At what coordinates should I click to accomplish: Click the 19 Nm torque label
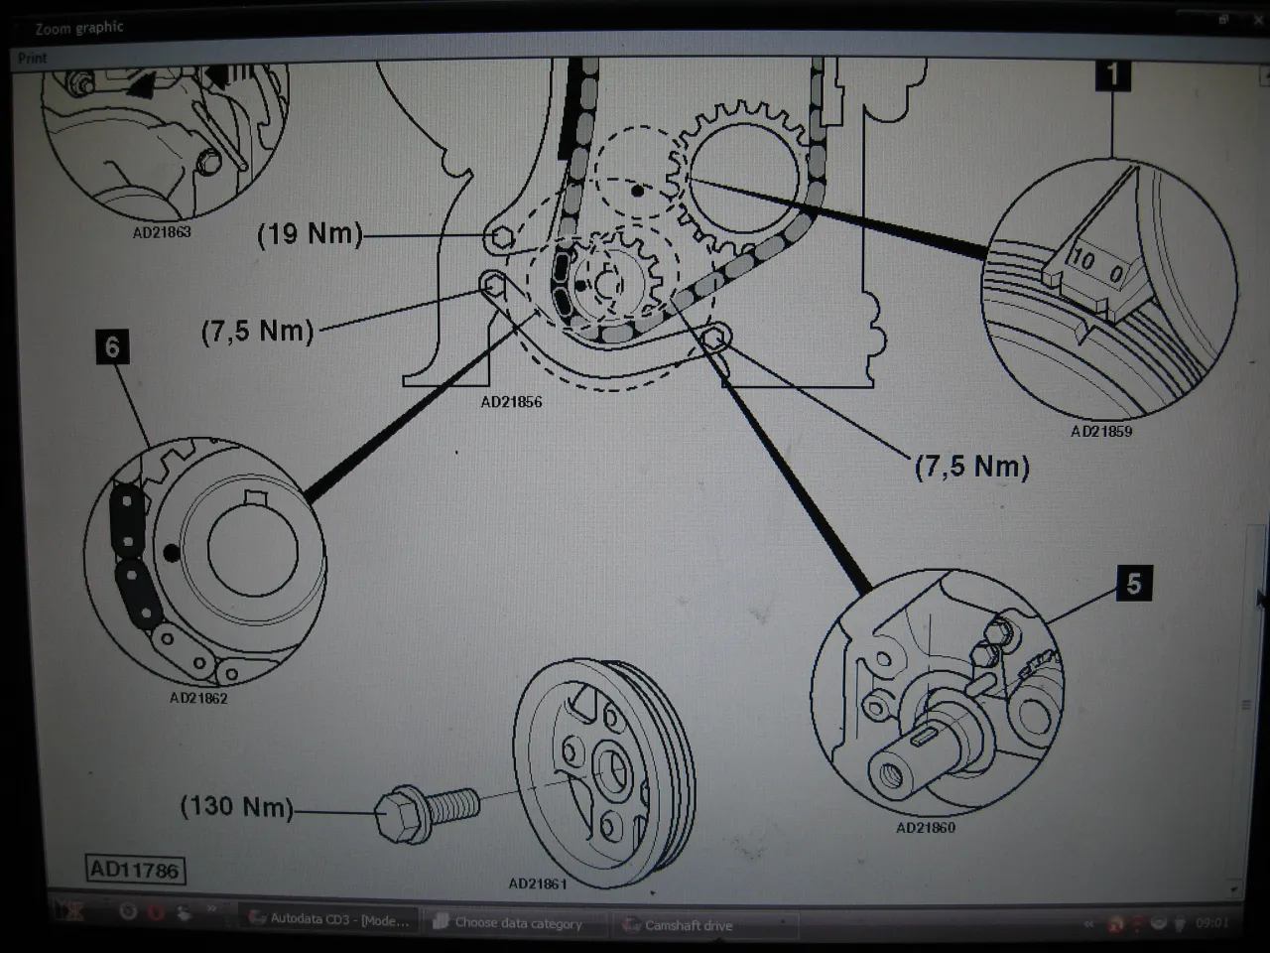pos(310,234)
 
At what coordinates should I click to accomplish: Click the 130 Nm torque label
pos(236,805)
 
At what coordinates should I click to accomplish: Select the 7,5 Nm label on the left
pos(257,331)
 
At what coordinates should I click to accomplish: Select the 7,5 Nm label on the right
pos(971,466)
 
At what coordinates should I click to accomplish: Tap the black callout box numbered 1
pos(1112,73)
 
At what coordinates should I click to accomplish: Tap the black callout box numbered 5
pos(1133,583)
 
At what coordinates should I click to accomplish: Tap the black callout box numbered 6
pos(112,346)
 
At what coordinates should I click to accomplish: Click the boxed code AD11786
pos(134,871)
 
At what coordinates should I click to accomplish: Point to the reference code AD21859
pos(1100,432)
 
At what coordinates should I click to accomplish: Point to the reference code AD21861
pos(538,883)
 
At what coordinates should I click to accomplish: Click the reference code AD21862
pos(197,698)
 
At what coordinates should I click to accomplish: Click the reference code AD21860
pos(925,827)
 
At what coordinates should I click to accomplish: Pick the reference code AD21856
pos(511,402)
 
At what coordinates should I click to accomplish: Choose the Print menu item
pos(32,59)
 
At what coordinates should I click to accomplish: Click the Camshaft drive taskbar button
pos(689,924)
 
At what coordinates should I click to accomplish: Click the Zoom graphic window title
pos(79,28)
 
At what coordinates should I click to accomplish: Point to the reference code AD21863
pos(162,232)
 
